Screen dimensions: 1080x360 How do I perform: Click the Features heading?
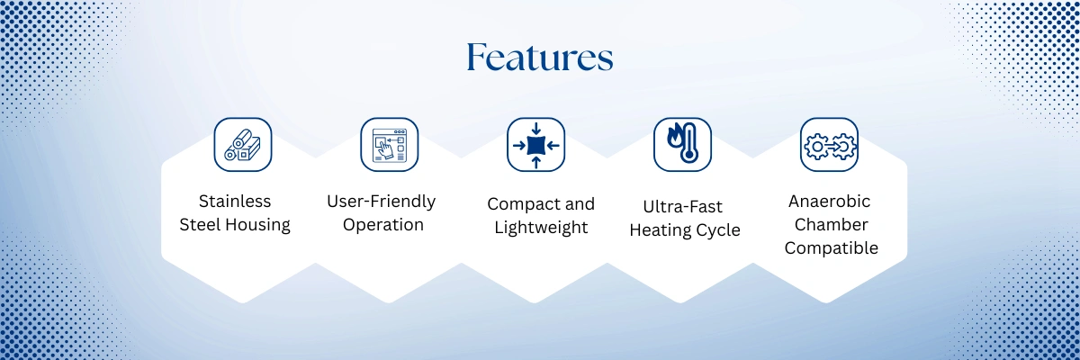pos(540,58)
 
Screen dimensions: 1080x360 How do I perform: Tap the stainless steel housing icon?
pos(243,145)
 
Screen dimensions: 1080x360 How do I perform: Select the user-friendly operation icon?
pos(390,145)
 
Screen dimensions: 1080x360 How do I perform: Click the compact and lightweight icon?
pos(535,145)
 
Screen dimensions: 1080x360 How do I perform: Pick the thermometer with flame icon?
pos(683,145)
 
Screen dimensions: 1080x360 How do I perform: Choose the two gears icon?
pos(829,145)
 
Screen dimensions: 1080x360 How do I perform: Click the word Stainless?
pos(235,201)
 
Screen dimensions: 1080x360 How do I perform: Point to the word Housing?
pos(258,225)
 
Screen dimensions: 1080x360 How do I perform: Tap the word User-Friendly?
pos(382,202)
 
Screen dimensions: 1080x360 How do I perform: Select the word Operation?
pos(383,225)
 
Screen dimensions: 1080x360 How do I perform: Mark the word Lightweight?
pos(541,228)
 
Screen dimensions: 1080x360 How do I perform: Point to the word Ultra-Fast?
pos(683,207)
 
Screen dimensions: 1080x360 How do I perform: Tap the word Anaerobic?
pos(829,201)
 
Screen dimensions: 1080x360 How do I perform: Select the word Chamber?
pos(832,225)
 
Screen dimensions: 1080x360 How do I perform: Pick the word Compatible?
pos(832,248)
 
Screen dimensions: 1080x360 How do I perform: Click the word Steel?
pos(200,225)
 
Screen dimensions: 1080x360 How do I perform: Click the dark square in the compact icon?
pos(535,145)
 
